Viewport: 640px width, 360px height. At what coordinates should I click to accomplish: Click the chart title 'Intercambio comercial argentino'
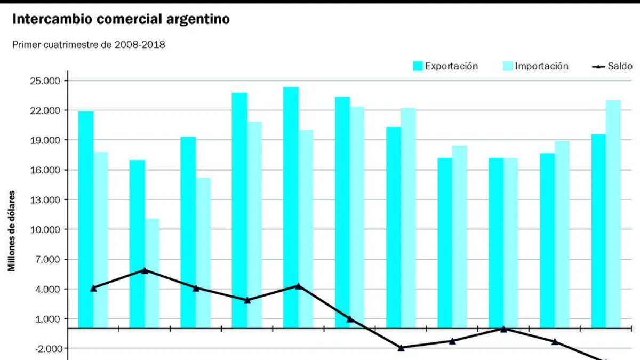(x=121, y=19)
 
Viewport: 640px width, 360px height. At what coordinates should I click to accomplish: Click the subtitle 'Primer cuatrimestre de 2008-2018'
(x=89, y=45)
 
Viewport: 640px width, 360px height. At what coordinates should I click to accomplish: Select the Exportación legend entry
(x=445, y=66)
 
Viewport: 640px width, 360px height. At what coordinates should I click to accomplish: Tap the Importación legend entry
(x=535, y=66)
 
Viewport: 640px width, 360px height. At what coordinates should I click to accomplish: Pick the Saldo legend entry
(x=612, y=66)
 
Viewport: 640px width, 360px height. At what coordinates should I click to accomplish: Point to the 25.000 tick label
(x=45, y=81)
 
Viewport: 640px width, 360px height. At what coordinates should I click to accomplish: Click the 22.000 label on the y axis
(x=45, y=110)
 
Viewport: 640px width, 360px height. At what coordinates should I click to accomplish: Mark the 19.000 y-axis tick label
(x=45, y=140)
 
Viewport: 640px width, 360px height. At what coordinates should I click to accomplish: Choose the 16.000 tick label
(x=45, y=170)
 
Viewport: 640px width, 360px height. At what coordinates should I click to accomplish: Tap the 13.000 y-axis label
(x=45, y=200)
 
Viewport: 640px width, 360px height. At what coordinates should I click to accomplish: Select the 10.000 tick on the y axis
(x=45, y=230)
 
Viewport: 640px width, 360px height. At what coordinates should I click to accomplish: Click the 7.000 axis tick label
(x=47, y=259)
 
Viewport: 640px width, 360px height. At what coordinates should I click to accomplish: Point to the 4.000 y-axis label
(x=47, y=289)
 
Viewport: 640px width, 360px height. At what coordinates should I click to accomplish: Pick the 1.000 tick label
(x=47, y=319)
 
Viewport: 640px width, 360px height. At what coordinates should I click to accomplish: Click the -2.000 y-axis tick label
(x=47, y=349)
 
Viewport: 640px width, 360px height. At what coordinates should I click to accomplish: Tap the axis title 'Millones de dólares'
(x=11, y=231)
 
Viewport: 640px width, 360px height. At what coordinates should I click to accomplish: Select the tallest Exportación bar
(x=291, y=207)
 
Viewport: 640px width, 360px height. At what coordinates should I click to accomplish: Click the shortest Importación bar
(x=151, y=273)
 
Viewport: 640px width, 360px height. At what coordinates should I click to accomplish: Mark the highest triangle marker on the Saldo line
(x=145, y=270)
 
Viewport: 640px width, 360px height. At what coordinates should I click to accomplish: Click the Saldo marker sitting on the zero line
(x=503, y=329)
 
